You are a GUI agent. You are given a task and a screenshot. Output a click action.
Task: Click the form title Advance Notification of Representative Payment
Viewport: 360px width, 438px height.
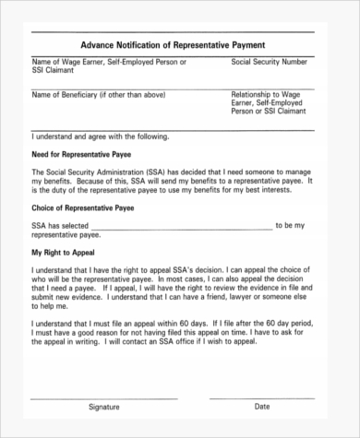173,43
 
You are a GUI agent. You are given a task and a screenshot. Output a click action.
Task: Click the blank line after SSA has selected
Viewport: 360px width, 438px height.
181,229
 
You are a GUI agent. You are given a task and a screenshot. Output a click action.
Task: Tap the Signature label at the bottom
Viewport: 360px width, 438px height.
103,407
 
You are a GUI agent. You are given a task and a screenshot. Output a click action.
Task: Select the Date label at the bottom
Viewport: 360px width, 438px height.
262,407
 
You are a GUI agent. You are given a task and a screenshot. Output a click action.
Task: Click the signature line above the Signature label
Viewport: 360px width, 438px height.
103,397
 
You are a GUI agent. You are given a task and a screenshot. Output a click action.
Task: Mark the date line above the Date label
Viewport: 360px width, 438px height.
263,397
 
